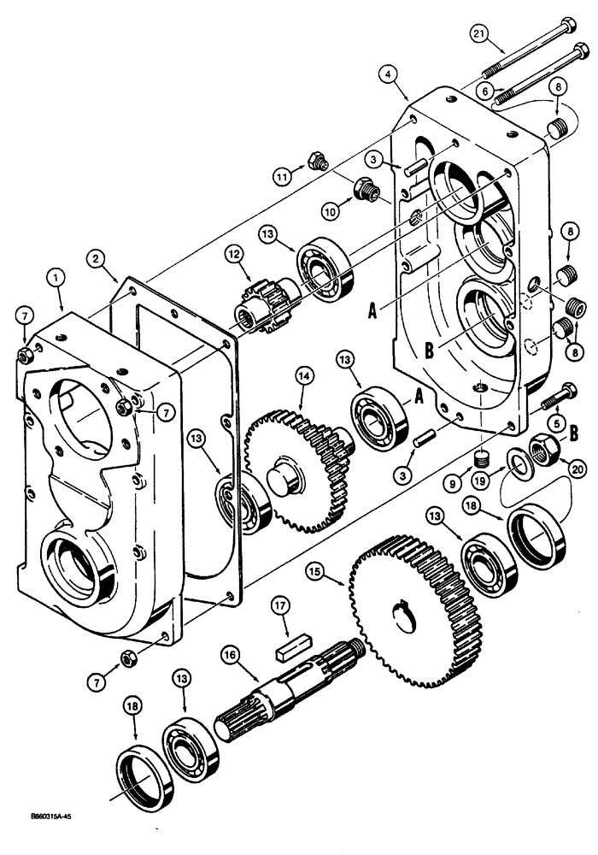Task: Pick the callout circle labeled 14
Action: point(303,374)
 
